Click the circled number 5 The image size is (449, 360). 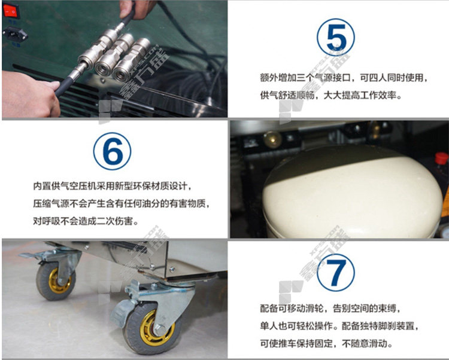point(336,37)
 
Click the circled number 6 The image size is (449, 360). point(113,151)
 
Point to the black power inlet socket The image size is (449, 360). point(15,34)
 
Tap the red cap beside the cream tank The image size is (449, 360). point(442,158)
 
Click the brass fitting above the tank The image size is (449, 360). point(272,139)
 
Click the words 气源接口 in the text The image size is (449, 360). point(332,78)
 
